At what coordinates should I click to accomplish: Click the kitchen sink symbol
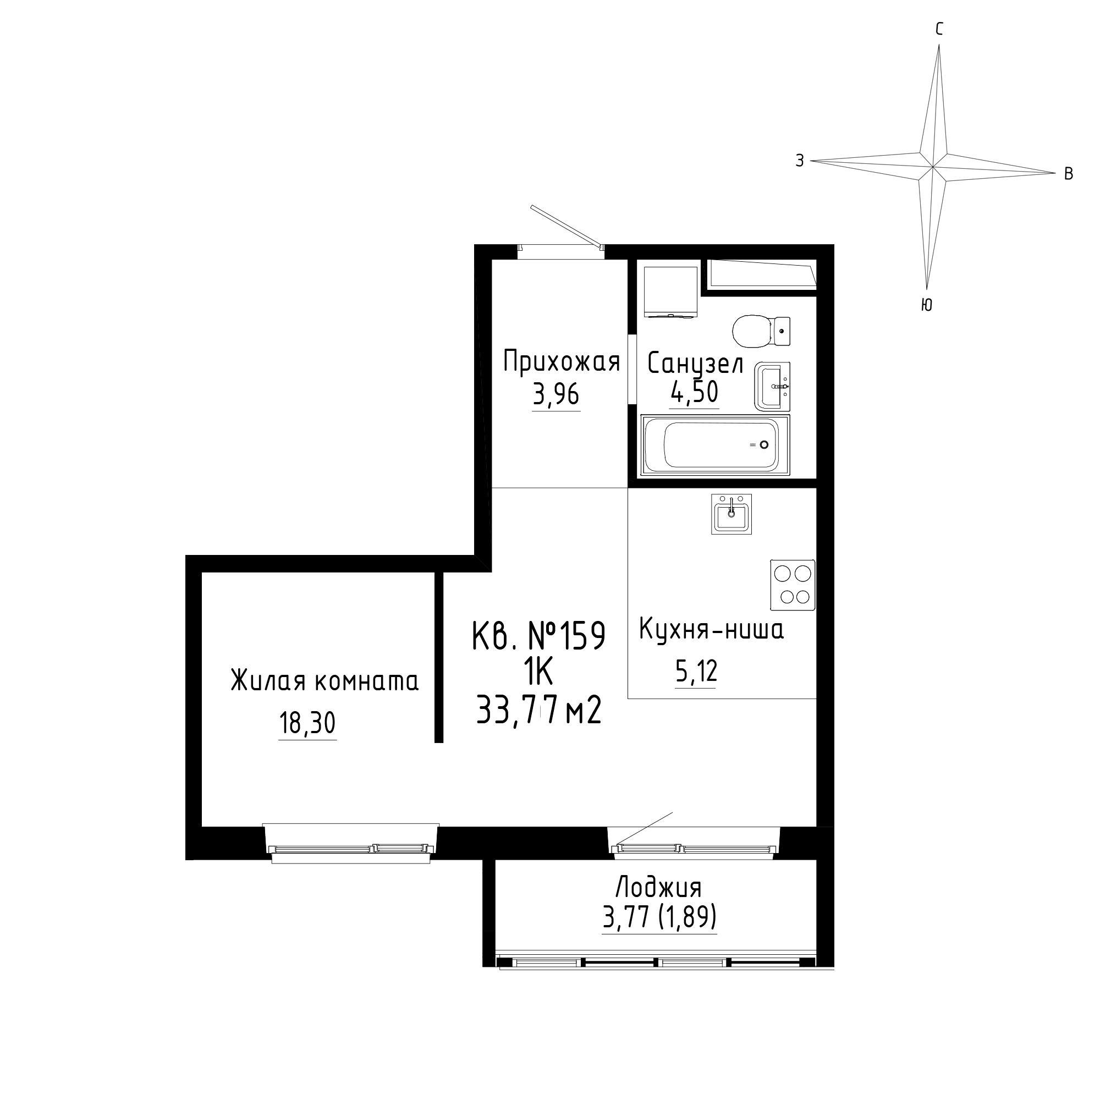[731, 514]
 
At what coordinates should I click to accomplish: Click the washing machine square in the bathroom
[670, 291]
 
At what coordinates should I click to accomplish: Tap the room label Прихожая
[562, 362]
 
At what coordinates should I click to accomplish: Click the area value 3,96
[555, 394]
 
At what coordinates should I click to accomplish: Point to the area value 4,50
[694, 392]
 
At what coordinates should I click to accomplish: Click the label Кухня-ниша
[711, 630]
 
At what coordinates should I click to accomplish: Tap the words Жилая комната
[324, 681]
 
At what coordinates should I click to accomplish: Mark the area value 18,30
[307, 723]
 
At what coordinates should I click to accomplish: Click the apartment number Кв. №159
[538, 636]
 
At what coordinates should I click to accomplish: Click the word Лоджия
[659, 888]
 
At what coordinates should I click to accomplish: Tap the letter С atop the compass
[939, 29]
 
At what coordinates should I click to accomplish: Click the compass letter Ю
[926, 305]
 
